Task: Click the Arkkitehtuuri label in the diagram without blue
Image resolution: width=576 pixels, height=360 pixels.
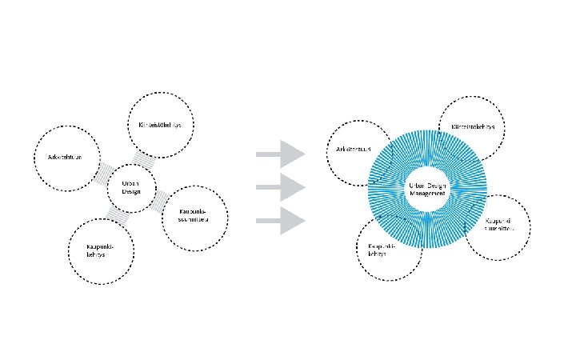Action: click(x=62, y=157)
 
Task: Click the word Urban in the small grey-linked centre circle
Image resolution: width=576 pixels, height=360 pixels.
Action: click(x=131, y=183)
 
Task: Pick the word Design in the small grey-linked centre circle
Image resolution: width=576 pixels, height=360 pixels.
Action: click(x=131, y=192)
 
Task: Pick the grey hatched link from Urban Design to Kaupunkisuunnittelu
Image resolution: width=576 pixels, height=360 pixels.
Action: click(x=159, y=198)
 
